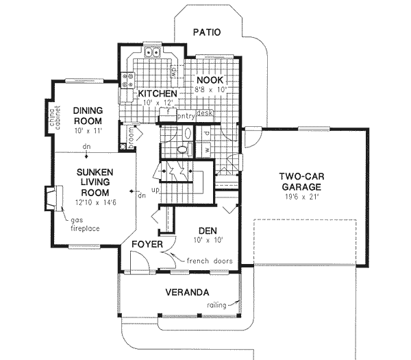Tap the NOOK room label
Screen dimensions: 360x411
pos(211,80)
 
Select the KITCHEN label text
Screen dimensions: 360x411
pos(158,93)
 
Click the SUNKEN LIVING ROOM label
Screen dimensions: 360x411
pos(95,182)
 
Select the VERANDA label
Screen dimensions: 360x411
pos(187,292)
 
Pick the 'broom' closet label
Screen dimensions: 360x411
pos(129,136)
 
